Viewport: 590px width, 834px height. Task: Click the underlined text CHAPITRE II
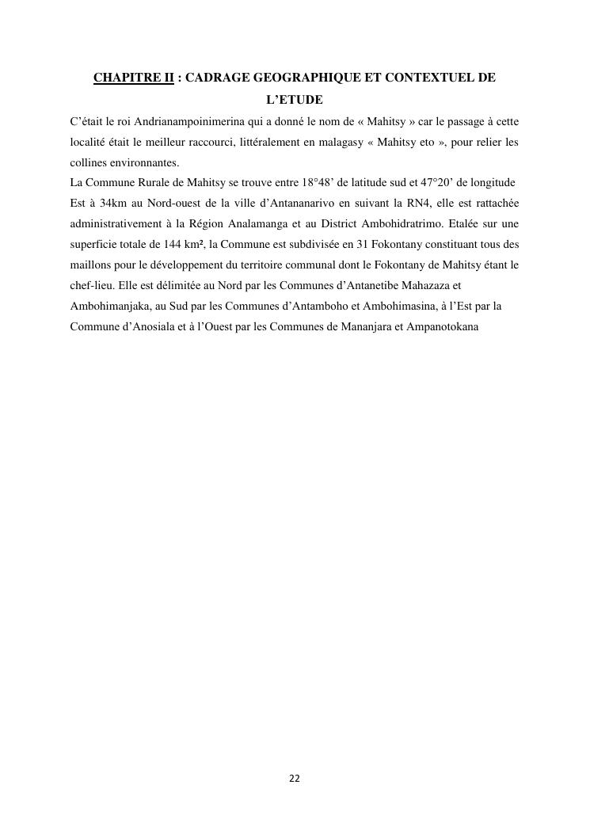[133, 78]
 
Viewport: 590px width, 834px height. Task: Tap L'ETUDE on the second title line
[294, 101]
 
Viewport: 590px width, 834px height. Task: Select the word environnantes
[140, 163]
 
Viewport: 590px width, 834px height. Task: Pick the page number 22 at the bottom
[295, 779]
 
